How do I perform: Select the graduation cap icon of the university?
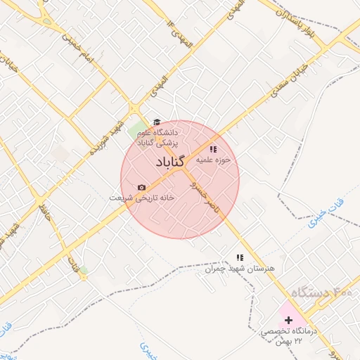157,122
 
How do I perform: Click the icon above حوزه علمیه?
213,149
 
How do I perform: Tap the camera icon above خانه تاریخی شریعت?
142,187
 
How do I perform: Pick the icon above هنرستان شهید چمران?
240,257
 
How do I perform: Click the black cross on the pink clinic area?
288,320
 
